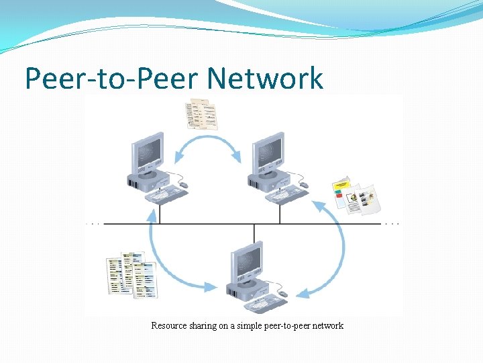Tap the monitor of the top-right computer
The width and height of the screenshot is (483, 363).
click(267, 152)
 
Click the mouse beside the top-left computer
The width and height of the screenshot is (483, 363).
click(183, 185)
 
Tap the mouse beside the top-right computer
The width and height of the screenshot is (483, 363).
click(304, 185)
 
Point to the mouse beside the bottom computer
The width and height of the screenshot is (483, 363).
click(283, 294)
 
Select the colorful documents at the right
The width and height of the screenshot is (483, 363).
click(356, 196)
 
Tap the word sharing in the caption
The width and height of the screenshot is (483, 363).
click(203, 326)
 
